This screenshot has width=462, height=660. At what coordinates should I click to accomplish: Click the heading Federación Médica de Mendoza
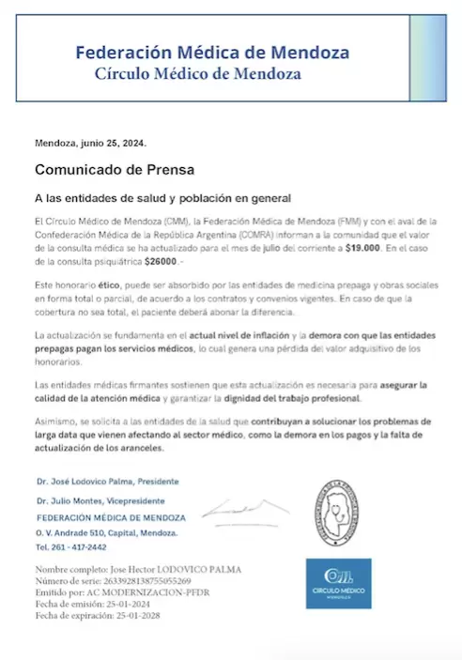coord(212,53)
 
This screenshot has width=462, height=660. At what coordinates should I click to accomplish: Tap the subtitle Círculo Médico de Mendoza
coord(198,73)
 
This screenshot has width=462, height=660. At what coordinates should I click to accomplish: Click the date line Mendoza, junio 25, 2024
coord(90,144)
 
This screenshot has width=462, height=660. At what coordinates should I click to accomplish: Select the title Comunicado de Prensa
coord(115,171)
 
